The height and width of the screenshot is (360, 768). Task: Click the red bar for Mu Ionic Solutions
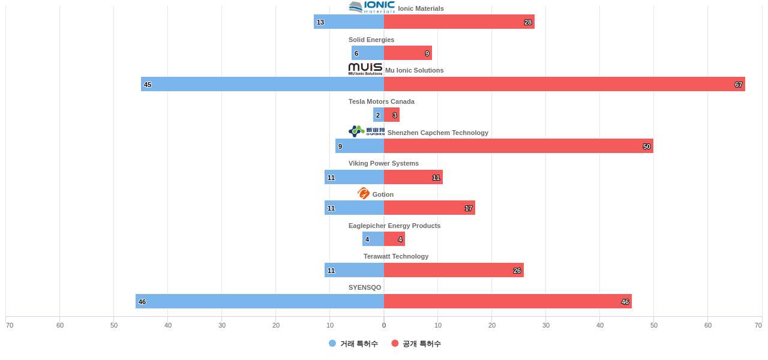[564, 84]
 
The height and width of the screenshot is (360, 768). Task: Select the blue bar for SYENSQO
[259, 301]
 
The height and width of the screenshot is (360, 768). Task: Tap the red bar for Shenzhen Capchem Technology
[518, 146]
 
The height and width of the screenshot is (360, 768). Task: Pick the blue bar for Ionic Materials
[349, 22]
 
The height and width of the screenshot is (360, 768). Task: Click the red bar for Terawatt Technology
[454, 270]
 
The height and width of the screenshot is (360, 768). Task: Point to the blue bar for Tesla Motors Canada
[379, 115]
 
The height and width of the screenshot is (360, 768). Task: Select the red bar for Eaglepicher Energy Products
[394, 239]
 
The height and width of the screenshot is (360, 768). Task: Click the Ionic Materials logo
[371, 7]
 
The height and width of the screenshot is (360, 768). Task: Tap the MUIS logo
[365, 69]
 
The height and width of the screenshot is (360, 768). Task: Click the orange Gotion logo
[364, 193]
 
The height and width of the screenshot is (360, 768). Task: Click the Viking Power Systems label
[383, 163]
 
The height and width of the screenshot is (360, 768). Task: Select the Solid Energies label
[371, 40]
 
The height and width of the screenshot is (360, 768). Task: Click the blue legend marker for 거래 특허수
[332, 343]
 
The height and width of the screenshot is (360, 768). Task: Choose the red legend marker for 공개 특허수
[395, 343]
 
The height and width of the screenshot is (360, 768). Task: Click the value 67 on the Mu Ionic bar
[738, 85]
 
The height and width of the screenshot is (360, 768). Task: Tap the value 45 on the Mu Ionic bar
[148, 85]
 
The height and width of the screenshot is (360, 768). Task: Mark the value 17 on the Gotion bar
[468, 208]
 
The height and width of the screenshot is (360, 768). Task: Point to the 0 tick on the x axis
[384, 325]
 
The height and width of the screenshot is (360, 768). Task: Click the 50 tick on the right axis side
[653, 325]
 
